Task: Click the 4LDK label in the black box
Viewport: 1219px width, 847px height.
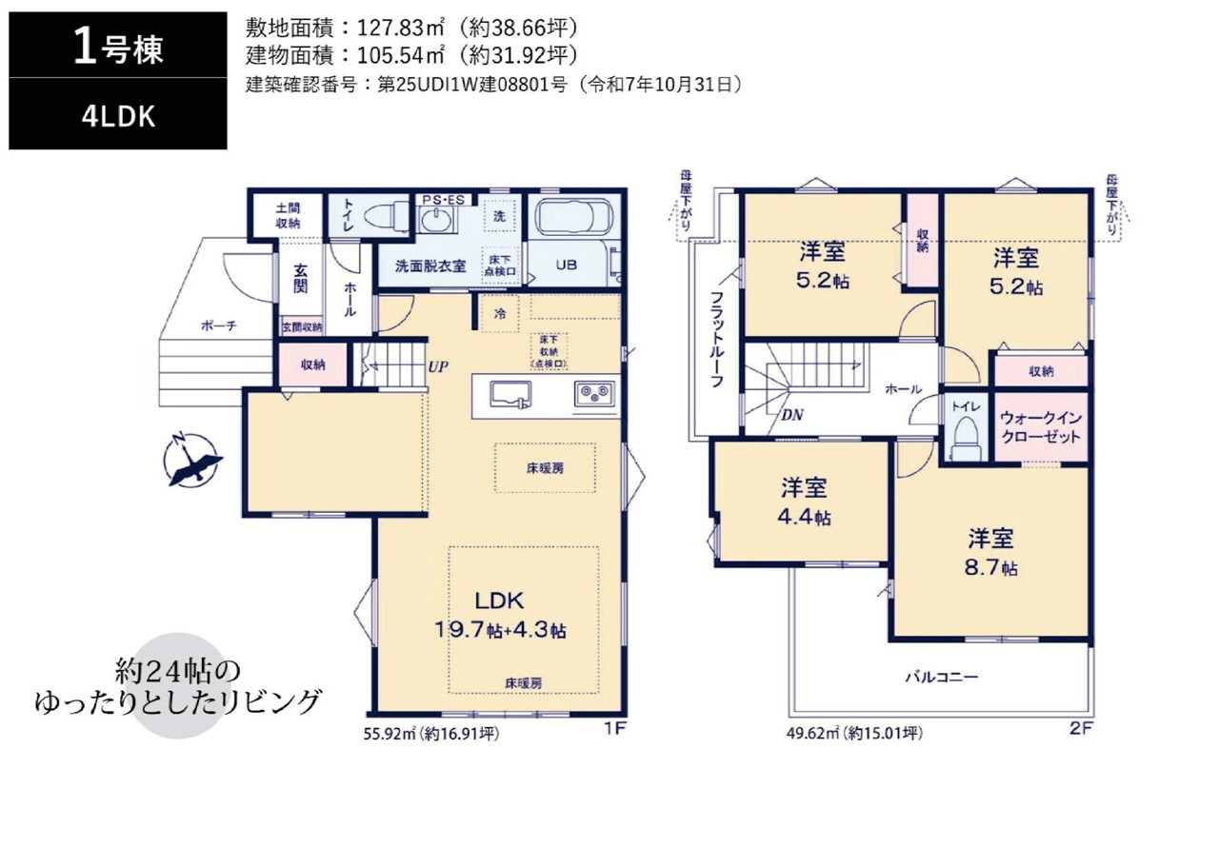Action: coord(118,116)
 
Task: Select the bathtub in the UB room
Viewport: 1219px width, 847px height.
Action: coord(574,217)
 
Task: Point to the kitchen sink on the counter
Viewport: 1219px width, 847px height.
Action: coord(510,394)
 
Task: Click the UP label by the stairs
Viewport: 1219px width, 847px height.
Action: coord(438,367)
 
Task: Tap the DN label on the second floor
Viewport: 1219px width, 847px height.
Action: coord(792,415)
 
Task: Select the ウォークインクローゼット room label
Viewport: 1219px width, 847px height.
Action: coord(1041,427)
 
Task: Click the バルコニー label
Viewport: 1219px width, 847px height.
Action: coord(942,677)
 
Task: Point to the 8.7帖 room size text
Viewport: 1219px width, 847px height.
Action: coord(991,568)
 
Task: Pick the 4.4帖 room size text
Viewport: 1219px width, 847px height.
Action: coord(804,517)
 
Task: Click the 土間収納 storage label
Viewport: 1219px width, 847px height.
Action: coord(288,215)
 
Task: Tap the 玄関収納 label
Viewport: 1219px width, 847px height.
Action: coord(302,327)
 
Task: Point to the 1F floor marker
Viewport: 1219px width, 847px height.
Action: coord(616,728)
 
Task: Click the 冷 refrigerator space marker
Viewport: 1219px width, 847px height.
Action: coord(500,314)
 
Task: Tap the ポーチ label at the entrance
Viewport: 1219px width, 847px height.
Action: coord(219,325)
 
